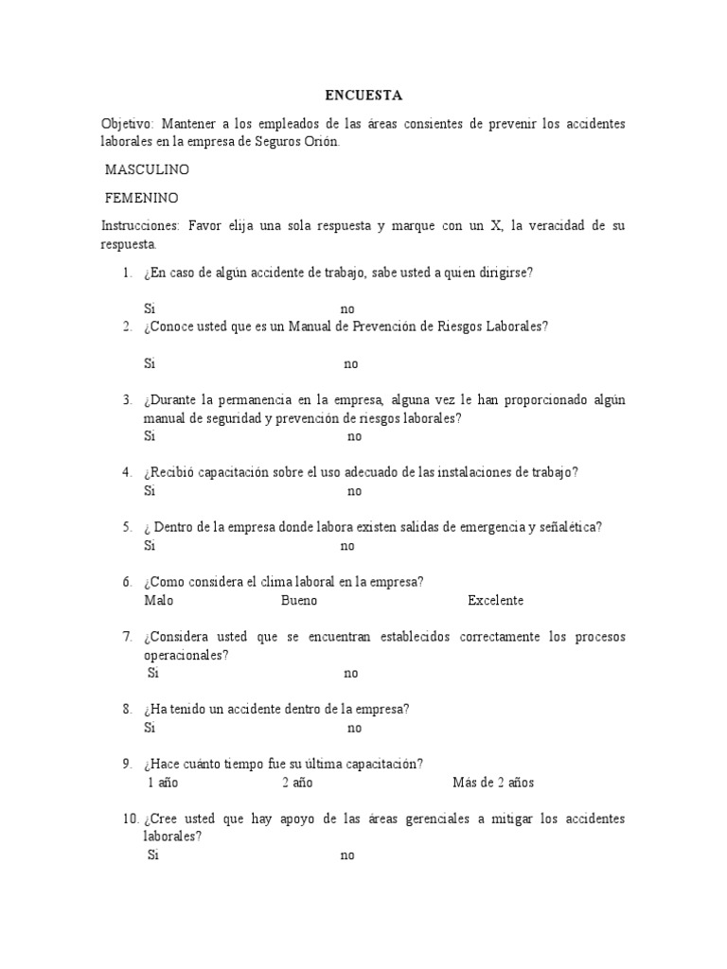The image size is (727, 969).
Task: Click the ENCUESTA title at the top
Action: point(363,96)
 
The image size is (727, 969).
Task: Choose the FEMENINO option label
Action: point(142,198)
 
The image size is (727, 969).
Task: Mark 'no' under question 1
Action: point(347,309)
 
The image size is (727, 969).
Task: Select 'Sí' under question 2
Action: point(150,363)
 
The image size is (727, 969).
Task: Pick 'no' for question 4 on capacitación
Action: point(354,491)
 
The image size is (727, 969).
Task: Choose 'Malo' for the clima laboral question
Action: point(159,601)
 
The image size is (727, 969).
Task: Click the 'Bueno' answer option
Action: point(299,601)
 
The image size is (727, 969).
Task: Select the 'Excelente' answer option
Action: point(495,601)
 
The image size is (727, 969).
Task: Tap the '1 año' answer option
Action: point(163,783)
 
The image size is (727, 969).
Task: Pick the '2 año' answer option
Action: point(296,783)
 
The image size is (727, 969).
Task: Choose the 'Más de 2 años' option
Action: point(493,783)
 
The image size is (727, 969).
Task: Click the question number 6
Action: point(127,582)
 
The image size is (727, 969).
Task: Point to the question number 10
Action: point(130,819)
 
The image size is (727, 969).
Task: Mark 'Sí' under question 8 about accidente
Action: point(150,728)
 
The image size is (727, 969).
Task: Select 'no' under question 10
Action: point(347,855)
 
